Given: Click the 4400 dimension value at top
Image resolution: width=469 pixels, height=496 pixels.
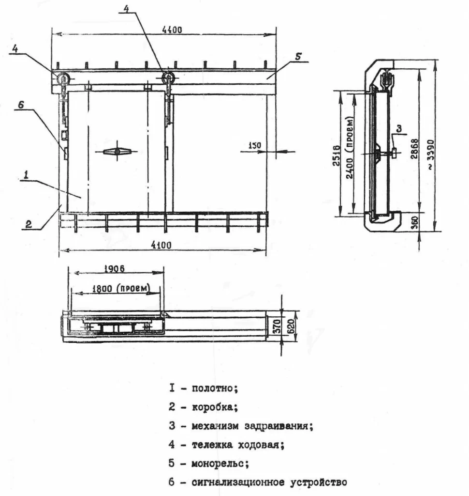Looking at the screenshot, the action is tap(172, 30).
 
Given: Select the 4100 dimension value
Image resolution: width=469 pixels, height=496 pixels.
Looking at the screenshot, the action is tap(161, 245).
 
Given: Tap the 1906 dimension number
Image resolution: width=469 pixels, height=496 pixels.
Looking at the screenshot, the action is tap(114, 269).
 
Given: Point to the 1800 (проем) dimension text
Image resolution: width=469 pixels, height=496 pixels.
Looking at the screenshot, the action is tap(121, 289).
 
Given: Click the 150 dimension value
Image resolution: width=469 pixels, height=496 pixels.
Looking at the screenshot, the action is tap(255, 145).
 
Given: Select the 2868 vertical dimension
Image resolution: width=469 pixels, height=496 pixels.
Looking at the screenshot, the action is tap(414, 148).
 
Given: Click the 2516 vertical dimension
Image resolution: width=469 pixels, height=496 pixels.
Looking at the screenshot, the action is tap(336, 155).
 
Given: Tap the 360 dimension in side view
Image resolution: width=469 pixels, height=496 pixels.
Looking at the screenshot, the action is tap(415, 223).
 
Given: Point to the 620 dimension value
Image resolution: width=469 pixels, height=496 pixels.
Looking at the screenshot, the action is tap(291, 326).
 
